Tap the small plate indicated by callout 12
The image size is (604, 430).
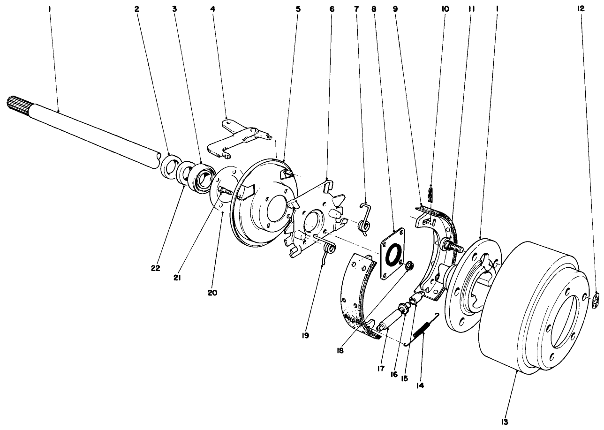pos(596,301)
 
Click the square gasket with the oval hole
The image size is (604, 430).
pos(392,254)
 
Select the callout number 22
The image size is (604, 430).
pos(155,268)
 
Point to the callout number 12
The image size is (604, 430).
pos(582,8)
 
